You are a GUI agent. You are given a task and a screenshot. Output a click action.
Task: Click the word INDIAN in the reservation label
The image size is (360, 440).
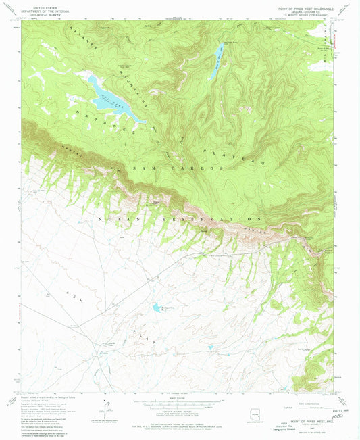point(105,219)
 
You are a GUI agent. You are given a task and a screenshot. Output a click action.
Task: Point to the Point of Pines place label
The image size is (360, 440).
point(325,49)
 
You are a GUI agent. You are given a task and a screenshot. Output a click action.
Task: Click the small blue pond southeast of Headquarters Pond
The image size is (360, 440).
point(210,348)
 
